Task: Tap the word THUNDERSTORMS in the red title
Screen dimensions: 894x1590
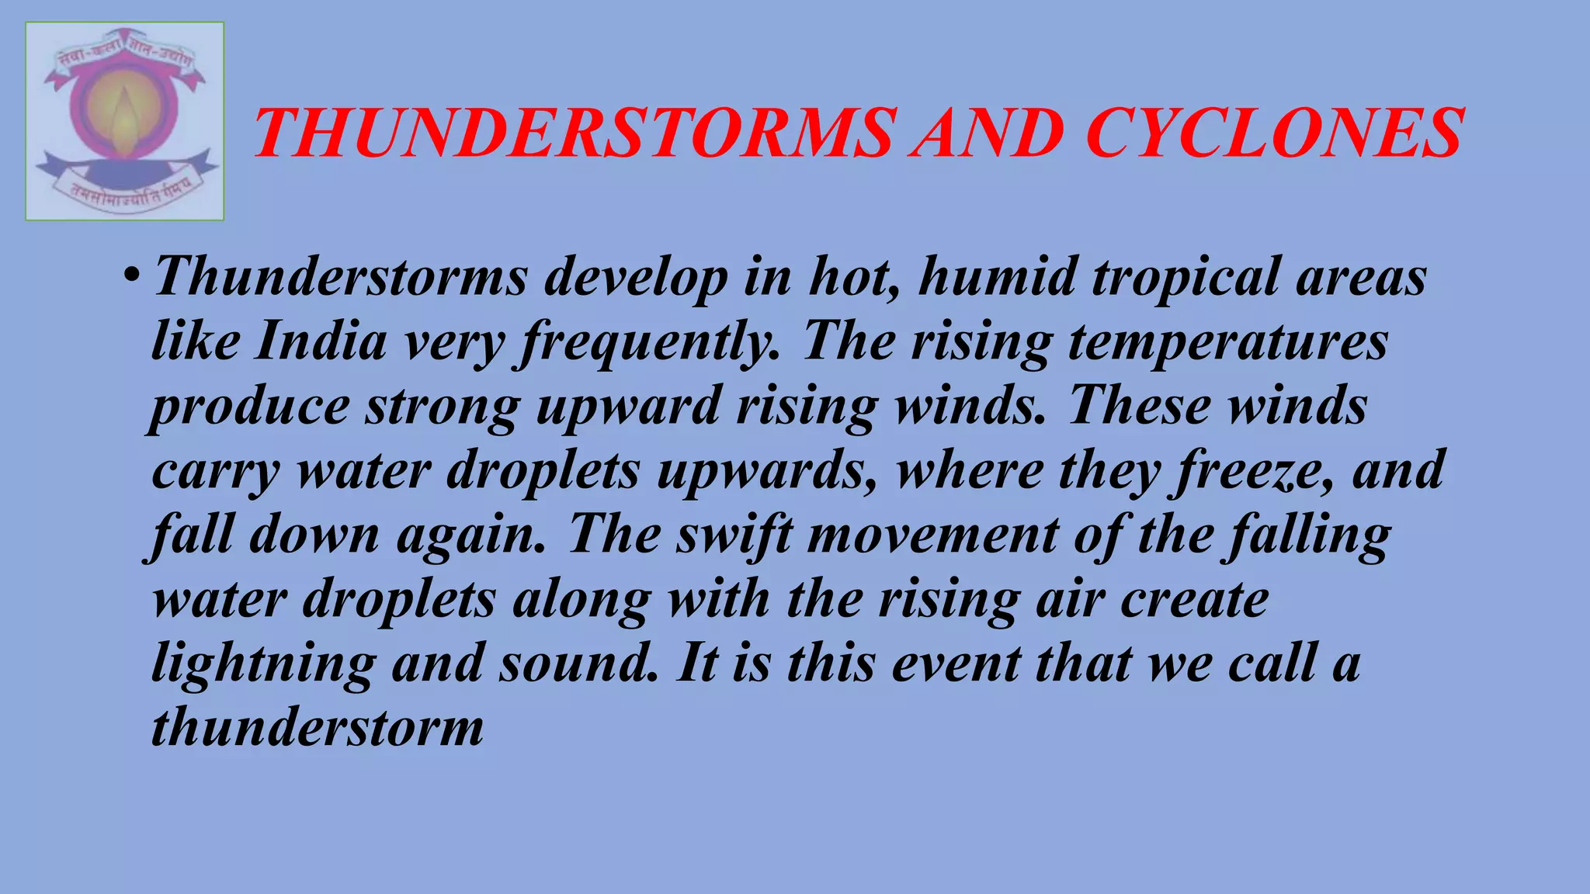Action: pyautogui.click(x=575, y=133)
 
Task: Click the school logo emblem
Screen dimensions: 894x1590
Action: pyautogui.click(x=125, y=122)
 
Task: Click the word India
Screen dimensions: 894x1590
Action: pyautogui.click(x=320, y=341)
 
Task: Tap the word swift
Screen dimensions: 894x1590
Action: pyautogui.click(x=734, y=536)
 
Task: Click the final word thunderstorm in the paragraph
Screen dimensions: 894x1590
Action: pyautogui.click(x=317, y=728)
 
